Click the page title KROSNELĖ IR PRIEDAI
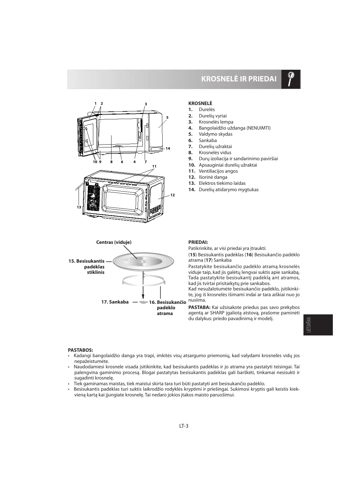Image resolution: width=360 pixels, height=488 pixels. pyautogui.click(x=239, y=79)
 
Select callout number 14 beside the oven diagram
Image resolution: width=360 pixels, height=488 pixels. pyautogui.click(x=168, y=148)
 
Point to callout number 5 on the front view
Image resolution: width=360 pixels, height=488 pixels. pyautogui.click(x=167, y=117)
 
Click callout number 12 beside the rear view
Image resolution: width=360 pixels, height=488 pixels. pyautogui.click(x=172, y=195)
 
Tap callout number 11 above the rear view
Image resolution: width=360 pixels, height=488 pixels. pyautogui.click(x=154, y=166)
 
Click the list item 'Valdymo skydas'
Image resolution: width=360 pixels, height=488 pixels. pyautogui.click(x=215, y=134)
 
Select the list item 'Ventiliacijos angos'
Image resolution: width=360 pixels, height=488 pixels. pyautogui.click(x=218, y=171)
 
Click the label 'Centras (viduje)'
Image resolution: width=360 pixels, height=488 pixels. pyautogui.click(x=114, y=242)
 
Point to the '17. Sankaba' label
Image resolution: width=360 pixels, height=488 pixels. pyautogui.click(x=115, y=302)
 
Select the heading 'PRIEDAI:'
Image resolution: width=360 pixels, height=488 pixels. pyautogui.click(x=198, y=242)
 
